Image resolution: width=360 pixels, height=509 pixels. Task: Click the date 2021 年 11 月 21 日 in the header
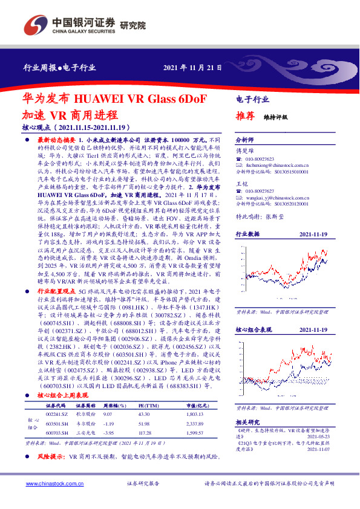[193, 68]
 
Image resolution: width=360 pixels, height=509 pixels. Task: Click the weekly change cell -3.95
[110, 432]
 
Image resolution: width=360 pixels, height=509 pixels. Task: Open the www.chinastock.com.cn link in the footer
[50, 485]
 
